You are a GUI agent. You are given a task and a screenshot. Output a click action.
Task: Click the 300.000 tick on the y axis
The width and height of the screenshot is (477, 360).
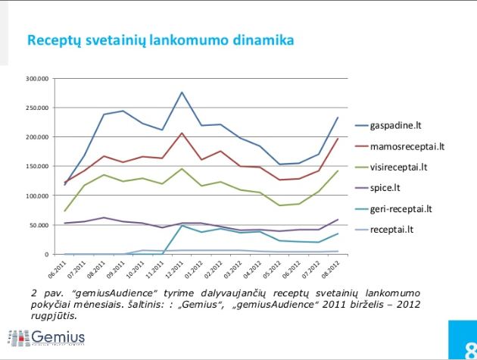37,78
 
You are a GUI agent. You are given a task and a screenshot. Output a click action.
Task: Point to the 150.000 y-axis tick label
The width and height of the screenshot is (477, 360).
37,166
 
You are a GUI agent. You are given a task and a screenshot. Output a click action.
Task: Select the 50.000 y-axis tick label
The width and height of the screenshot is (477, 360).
39,225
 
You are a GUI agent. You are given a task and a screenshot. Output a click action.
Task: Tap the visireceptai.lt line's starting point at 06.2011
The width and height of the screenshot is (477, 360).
64,211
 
